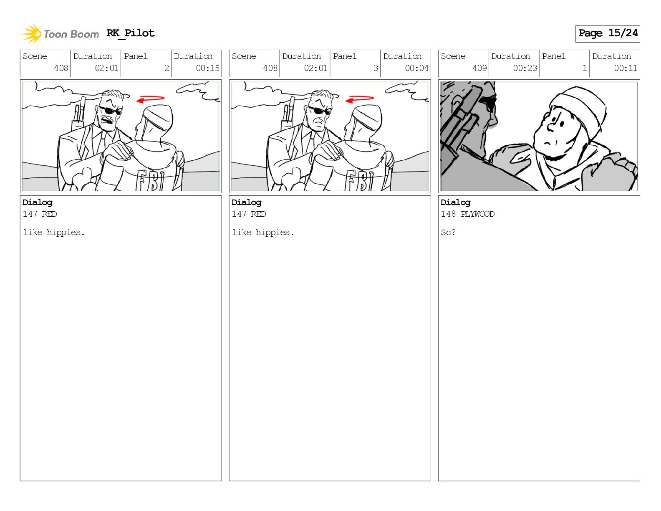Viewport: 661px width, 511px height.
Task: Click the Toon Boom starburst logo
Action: (32, 34)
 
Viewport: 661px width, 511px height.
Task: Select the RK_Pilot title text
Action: (131, 33)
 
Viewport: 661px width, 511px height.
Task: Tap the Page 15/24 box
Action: (608, 34)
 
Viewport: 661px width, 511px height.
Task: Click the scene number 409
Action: (480, 68)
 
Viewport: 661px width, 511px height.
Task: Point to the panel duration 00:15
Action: (207, 68)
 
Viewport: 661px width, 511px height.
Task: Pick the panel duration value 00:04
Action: (416, 68)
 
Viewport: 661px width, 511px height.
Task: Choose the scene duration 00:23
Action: (525, 68)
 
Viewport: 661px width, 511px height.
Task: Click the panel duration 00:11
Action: (626, 68)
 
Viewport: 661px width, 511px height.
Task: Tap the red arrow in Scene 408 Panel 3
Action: (359, 99)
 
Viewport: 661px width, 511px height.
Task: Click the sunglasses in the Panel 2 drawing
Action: (111, 111)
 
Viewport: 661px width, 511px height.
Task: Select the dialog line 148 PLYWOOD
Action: (467, 214)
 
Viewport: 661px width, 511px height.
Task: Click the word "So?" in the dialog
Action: (448, 233)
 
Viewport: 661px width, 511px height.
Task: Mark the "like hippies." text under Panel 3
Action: (263, 233)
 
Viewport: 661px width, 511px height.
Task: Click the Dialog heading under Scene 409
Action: (455, 203)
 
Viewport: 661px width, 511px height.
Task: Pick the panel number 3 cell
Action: (355, 63)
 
